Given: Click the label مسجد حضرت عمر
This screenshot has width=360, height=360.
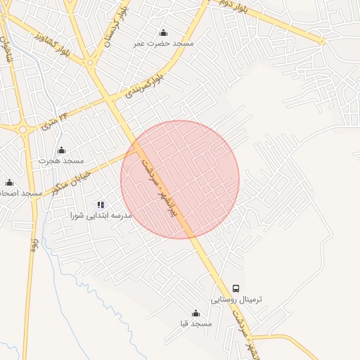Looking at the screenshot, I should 164,43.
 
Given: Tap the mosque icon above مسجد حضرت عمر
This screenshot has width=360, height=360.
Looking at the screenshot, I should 164,32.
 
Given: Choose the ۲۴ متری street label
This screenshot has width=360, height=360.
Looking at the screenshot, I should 56,120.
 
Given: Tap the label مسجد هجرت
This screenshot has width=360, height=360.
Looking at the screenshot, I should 61,161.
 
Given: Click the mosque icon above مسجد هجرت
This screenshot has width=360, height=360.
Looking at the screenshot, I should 61,150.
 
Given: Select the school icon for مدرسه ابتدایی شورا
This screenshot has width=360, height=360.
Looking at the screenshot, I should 101,205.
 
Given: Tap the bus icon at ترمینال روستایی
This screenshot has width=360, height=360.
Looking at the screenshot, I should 236,288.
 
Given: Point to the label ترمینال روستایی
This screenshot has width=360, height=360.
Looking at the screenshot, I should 237,299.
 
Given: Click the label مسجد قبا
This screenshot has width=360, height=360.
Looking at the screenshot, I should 195,324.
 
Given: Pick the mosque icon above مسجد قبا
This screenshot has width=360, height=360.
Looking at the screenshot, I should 195,314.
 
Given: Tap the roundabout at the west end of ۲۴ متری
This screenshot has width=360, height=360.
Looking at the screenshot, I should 23,129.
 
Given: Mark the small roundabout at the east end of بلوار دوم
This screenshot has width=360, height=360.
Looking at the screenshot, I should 323,41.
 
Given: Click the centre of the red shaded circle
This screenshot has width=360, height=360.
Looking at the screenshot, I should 180,179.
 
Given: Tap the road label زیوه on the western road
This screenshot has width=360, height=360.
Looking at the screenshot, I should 33,243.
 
